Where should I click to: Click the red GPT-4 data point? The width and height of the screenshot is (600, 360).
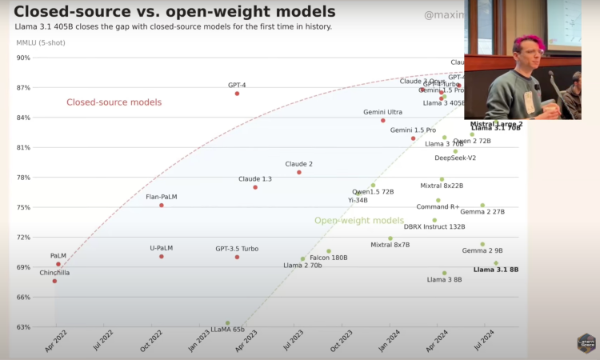[237, 94]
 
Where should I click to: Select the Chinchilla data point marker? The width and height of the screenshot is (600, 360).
[54, 281]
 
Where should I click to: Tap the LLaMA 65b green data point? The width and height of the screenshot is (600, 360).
[228, 323]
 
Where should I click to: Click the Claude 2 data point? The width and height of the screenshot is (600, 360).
[299, 172]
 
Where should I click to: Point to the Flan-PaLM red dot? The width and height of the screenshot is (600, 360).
[162, 206]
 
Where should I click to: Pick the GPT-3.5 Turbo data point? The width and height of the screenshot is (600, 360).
[237, 257]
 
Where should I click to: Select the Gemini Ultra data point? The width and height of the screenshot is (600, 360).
[383, 121]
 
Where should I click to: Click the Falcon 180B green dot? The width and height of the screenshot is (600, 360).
[329, 251]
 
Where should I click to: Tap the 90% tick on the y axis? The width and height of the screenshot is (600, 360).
[23, 58]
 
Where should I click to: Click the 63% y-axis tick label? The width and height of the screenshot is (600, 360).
[23, 327]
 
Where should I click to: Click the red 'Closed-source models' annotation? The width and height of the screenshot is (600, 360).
[114, 102]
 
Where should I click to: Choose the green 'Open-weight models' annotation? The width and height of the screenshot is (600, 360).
[359, 220]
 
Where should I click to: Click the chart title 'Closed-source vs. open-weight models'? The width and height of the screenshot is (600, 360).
[175, 12]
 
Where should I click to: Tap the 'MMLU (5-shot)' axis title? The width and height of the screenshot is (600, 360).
[38, 41]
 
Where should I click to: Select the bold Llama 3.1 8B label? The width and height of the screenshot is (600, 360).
[496, 270]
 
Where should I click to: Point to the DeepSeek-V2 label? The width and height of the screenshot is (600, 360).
[455, 158]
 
